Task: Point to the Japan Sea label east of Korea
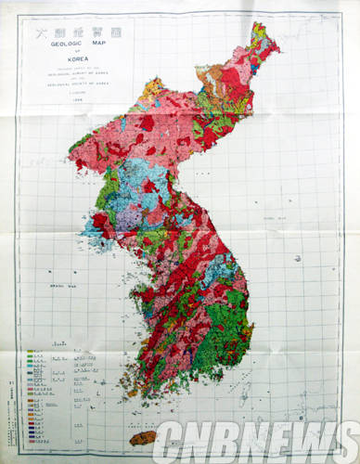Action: tap(273, 215)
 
